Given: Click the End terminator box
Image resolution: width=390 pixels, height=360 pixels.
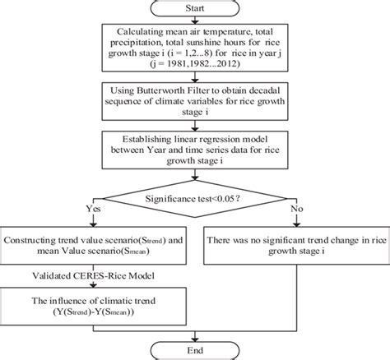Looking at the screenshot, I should (195, 349).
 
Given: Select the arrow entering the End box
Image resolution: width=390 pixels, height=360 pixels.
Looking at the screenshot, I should (195, 334).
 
